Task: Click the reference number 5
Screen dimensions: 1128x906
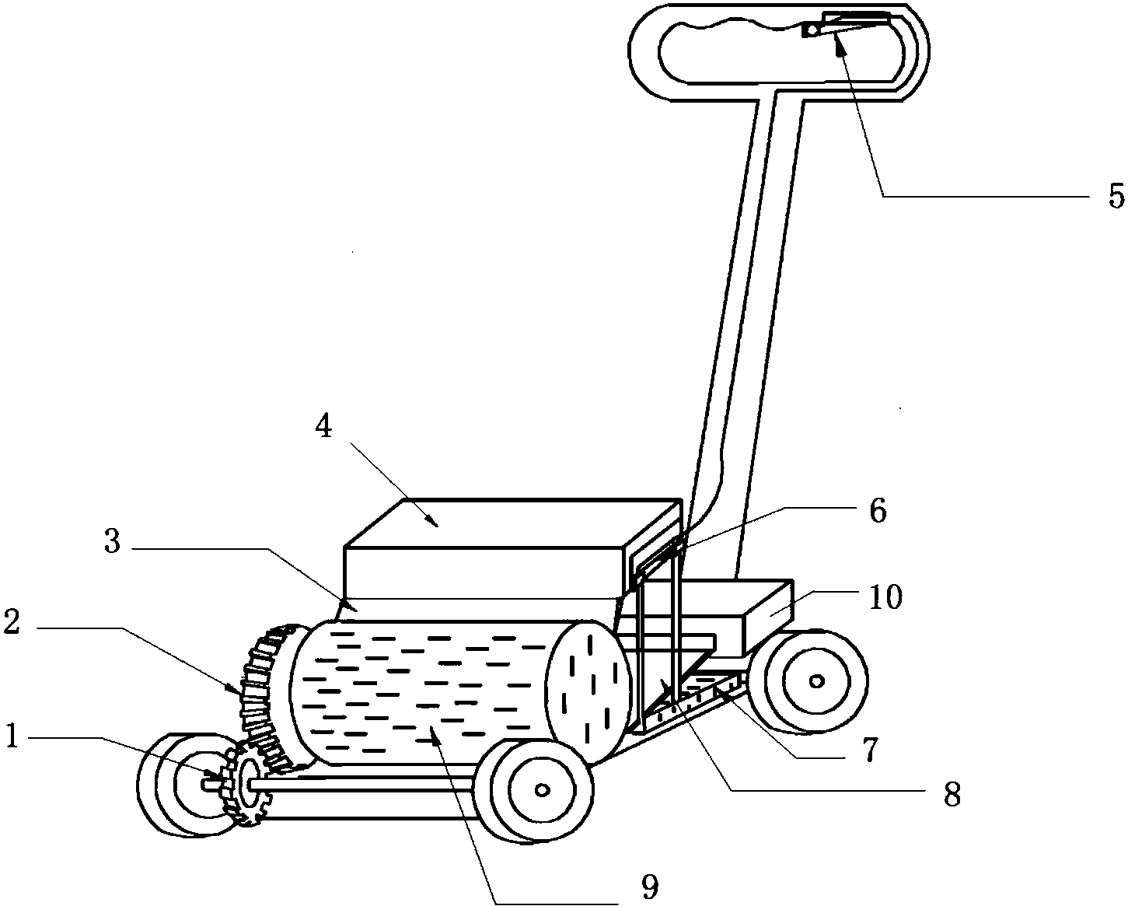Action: tap(1116, 196)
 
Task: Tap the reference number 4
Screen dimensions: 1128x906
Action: tap(324, 428)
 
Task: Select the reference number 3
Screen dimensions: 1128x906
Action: tap(112, 542)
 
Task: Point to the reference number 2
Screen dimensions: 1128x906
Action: tap(11, 622)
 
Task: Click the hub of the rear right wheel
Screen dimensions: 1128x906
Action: tap(816, 681)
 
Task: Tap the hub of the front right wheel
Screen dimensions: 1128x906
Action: tap(542, 789)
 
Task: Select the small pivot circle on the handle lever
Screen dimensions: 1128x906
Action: tap(810, 30)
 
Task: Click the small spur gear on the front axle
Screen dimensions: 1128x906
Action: tap(247, 783)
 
